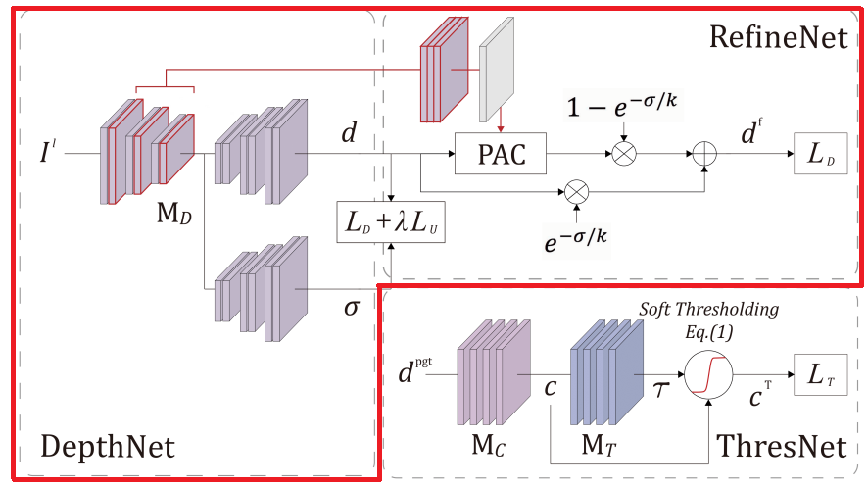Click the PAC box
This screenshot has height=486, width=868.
click(501, 154)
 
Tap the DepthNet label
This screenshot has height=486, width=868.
click(108, 447)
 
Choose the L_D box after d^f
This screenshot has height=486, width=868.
click(820, 154)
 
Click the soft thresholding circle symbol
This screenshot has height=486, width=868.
click(709, 374)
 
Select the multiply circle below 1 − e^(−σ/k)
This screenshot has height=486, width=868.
click(621, 154)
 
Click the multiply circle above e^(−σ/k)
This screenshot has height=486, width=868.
click(578, 189)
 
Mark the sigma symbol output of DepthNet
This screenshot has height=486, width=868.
click(351, 308)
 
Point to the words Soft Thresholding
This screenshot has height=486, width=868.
click(709, 310)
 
